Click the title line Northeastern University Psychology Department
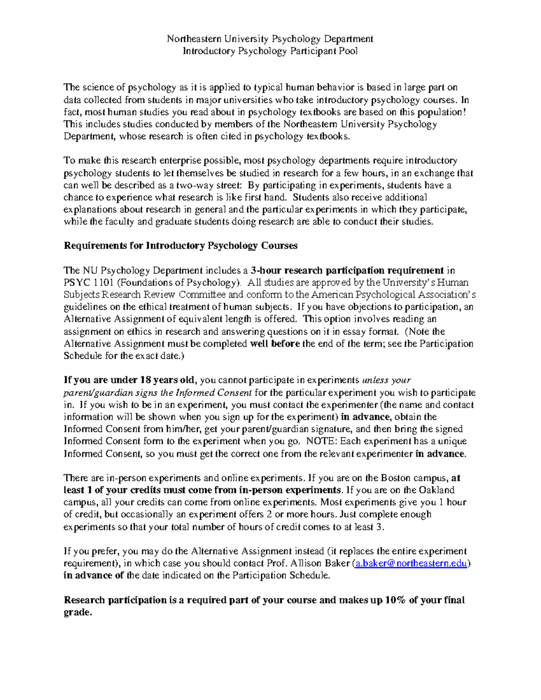(x=270, y=39)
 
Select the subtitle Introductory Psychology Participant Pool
(x=270, y=51)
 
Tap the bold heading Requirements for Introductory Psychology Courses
(x=180, y=246)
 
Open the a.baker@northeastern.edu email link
(x=411, y=563)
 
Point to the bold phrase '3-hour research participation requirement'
(x=347, y=270)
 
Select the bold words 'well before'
(x=275, y=343)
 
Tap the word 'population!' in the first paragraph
(x=440, y=112)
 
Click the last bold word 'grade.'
(x=78, y=613)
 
